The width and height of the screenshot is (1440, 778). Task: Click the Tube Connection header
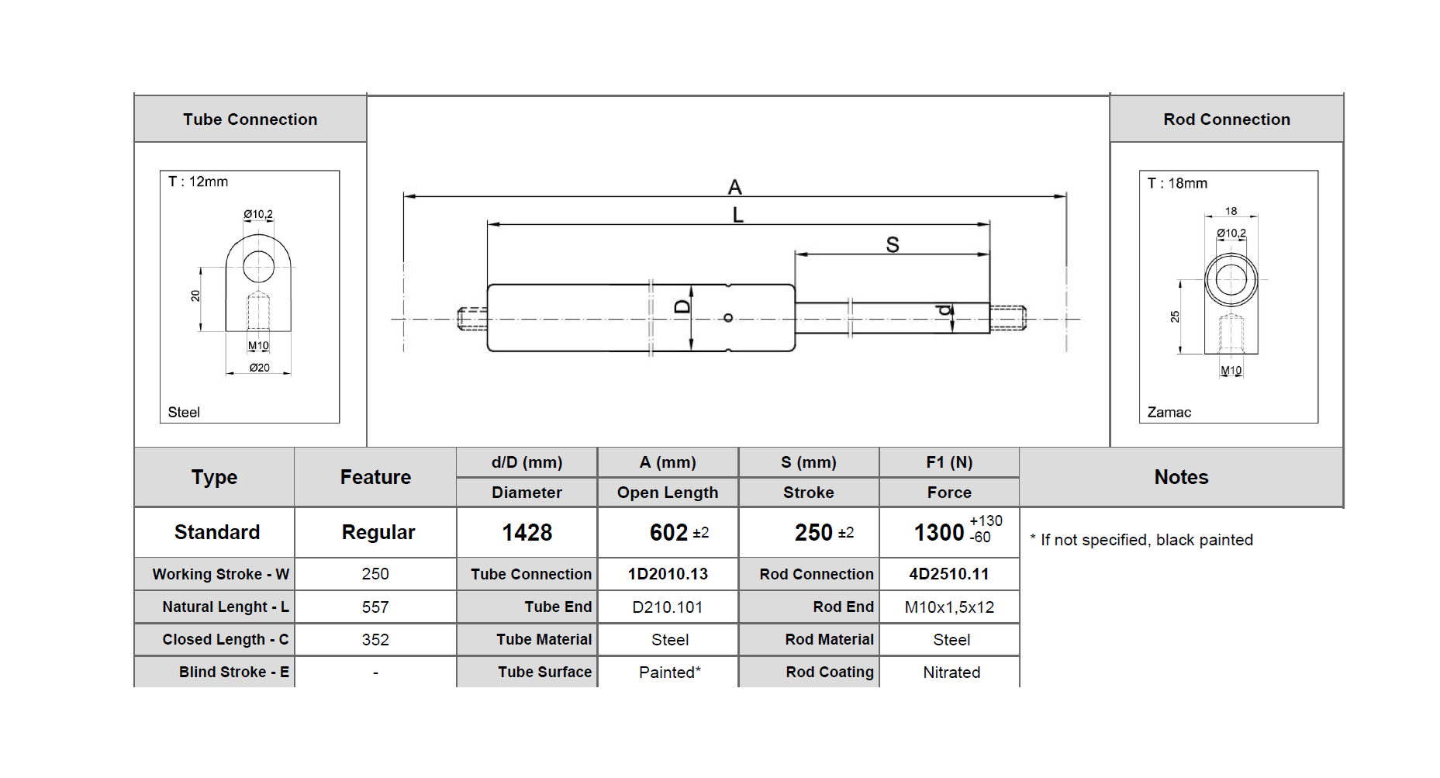tap(250, 119)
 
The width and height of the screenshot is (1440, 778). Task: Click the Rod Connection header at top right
tap(1226, 119)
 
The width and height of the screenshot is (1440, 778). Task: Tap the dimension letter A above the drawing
tap(734, 187)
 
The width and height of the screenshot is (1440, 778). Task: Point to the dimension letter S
tap(893, 245)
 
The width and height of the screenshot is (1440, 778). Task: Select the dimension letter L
tap(737, 215)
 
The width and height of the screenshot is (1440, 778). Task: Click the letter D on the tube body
tap(682, 306)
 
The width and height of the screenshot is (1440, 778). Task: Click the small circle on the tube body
tap(727, 318)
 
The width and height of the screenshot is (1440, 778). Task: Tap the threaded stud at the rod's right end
tap(1008, 318)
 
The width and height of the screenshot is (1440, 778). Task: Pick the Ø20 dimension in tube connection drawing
tap(259, 368)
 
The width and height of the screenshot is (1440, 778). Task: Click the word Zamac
tap(1169, 413)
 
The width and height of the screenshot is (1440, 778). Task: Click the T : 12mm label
tap(198, 182)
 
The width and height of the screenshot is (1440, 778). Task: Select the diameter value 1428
tap(527, 533)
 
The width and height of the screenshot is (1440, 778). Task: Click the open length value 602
tap(668, 533)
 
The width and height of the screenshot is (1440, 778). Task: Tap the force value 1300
tap(938, 533)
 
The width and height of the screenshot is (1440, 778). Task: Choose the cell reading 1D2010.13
tap(668, 574)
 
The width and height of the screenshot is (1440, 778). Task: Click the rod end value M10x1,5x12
tap(949, 607)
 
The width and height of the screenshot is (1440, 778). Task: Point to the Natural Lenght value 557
tap(375, 607)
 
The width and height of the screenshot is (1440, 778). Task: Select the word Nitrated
tap(951, 673)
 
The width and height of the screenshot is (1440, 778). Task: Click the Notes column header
tap(1180, 477)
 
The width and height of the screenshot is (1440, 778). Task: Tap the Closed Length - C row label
tap(225, 640)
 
